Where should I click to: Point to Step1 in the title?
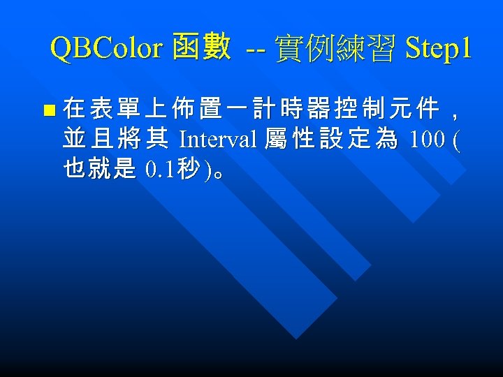(x=437, y=48)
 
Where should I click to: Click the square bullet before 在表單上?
(x=48, y=110)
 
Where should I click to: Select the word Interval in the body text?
(x=218, y=140)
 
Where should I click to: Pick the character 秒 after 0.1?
(x=188, y=170)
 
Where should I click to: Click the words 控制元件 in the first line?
(x=386, y=109)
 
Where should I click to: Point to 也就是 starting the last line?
(x=99, y=170)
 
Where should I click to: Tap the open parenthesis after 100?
(x=456, y=140)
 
